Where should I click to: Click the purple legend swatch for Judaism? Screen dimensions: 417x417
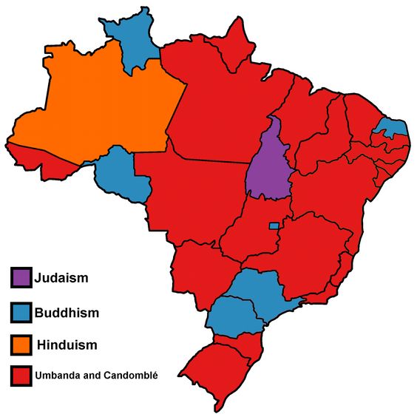click(x=21, y=278)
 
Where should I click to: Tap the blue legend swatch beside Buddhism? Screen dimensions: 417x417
click(x=21, y=312)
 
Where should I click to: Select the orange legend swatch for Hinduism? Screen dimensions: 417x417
click(x=21, y=345)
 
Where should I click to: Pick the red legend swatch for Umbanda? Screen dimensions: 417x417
click(x=21, y=375)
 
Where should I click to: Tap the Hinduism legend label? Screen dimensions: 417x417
click(x=67, y=345)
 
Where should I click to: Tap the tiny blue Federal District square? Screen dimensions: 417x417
click(x=274, y=226)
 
